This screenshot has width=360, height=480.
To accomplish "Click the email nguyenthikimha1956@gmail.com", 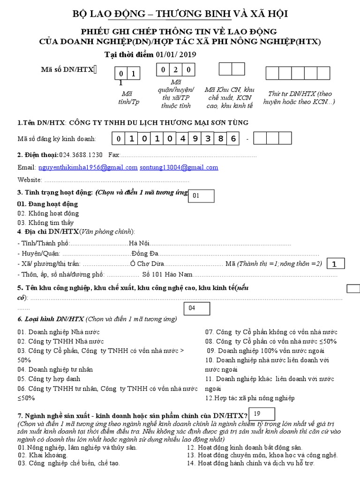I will (x=88, y=167).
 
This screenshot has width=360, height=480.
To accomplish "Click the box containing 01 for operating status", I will (x=202, y=196).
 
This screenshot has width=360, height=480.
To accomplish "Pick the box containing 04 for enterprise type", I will (x=197, y=308).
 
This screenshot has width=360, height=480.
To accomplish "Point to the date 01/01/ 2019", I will (x=170, y=54).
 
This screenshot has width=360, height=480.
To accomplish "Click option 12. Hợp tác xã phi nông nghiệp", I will (x=250, y=398).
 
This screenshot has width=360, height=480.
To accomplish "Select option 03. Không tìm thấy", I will (x=45, y=223).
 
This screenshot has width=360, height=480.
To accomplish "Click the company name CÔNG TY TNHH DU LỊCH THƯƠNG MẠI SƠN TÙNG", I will (x=159, y=123).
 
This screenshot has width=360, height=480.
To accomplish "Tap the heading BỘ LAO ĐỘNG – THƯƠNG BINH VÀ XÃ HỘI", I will (x=180, y=15).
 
